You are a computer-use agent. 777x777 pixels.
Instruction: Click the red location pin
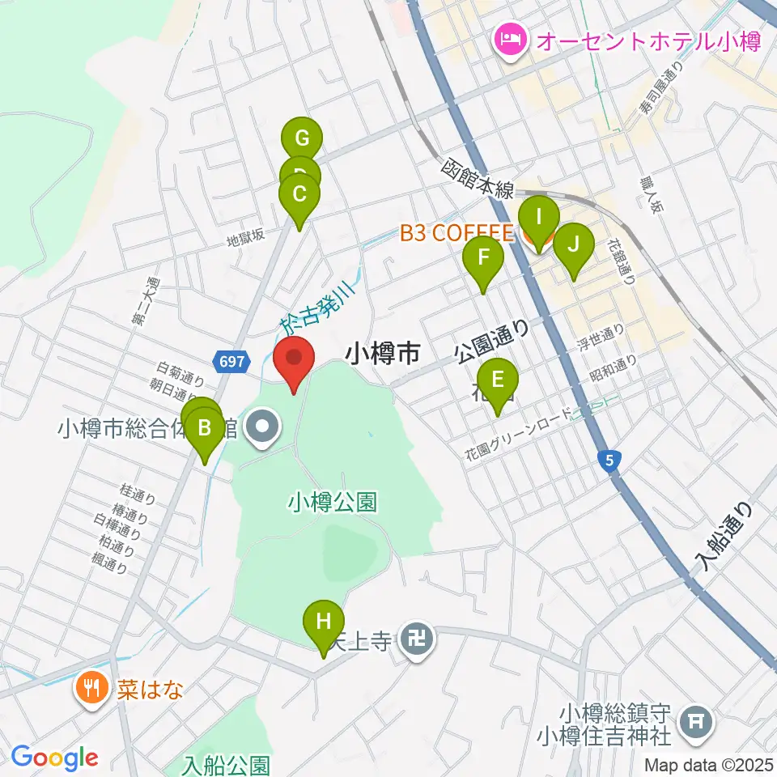click(x=295, y=360)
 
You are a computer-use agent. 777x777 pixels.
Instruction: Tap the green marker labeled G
click(x=301, y=138)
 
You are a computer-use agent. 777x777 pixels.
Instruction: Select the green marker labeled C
click(x=299, y=195)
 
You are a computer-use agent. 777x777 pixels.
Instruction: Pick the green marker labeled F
click(x=483, y=259)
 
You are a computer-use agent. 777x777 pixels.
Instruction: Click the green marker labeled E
click(x=497, y=379)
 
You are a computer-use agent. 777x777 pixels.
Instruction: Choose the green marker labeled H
click(x=323, y=622)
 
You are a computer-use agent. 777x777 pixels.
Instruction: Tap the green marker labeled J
click(x=573, y=244)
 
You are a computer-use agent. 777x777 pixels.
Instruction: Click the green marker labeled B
click(x=205, y=428)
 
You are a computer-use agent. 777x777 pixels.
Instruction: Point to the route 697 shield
click(x=231, y=363)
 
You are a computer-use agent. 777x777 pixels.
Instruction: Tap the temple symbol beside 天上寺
click(x=418, y=642)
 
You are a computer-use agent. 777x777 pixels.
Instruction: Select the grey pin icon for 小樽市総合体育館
click(x=261, y=428)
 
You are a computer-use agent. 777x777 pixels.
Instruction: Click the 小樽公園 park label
click(x=333, y=503)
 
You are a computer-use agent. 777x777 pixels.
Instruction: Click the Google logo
click(x=54, y=758)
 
